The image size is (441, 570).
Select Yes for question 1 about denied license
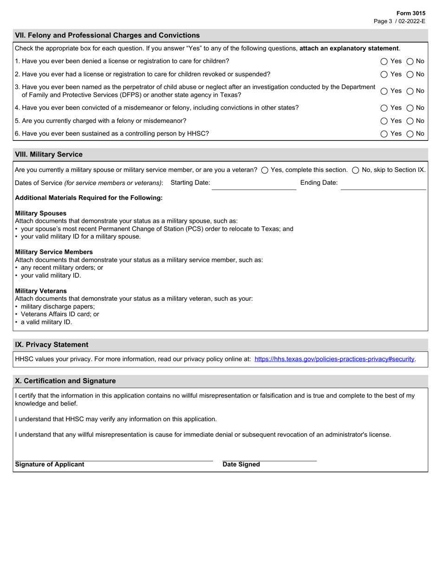[x=384, y=61]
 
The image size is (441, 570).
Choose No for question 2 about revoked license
[x=410, y=74]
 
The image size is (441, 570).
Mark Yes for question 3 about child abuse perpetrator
[x=384, y=91]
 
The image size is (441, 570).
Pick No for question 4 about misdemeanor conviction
[x=410, y=108]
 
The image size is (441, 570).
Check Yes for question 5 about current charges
[x=384, y=121]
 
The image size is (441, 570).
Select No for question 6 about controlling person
[x=410, y=134]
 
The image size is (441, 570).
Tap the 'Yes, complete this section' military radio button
[x=265, y=170]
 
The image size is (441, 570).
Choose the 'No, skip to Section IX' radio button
[x=356, y=170]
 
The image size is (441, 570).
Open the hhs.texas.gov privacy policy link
[x=334, y=359]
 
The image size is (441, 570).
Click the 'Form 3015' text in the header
[x=411, y=13]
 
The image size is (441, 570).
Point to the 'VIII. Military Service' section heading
[x=49, y=154]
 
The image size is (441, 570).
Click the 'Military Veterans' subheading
[x=41, y=291]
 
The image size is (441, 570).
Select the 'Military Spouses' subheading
[x=41, y=213]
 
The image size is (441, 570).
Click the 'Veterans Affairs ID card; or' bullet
[x=60, y=314]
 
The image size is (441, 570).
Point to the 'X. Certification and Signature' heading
[x=65, y=380]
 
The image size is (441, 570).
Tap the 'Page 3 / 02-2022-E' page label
[x=400, y=21]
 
